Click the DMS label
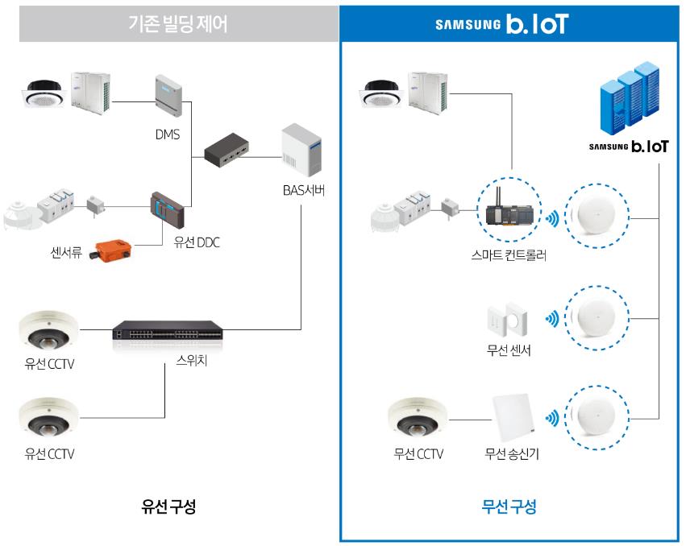pos(168,134)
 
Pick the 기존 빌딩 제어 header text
pos(178,24)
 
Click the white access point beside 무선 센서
pos(598,317)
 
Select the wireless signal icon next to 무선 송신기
pos(552,419)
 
